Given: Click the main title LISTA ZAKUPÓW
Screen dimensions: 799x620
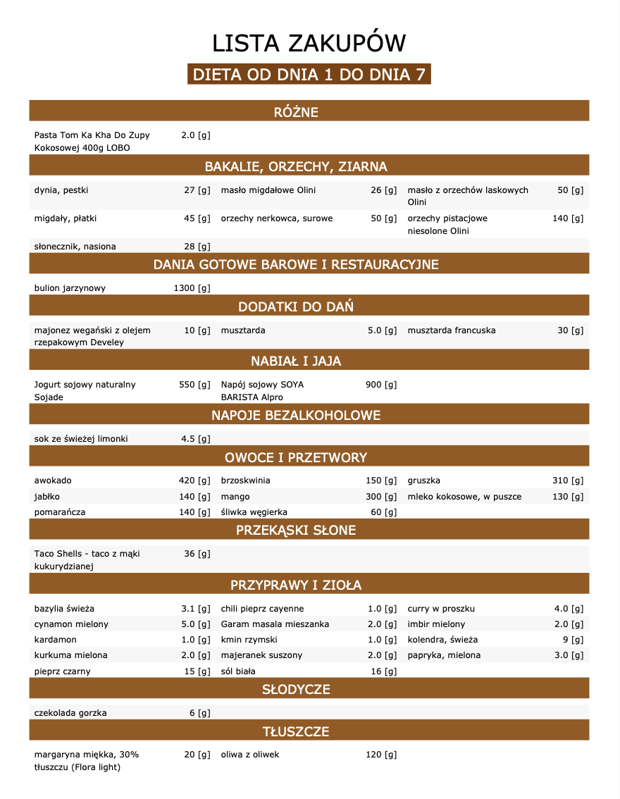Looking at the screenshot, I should pos(309,44).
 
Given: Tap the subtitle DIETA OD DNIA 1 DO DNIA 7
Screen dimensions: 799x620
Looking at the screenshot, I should pos(309,75).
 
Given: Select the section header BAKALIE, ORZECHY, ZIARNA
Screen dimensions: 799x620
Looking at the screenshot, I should pos(296,167).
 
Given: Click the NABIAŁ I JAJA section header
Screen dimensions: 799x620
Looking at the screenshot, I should pos(296,361).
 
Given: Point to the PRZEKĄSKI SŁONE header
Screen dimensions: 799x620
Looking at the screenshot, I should pos(296,530).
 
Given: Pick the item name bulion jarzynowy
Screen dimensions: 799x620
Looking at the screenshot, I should pos(70,288).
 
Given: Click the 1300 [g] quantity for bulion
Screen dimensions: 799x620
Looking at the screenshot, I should pos(192,288).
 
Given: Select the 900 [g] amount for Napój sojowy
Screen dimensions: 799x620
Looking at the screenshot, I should pos(381,385).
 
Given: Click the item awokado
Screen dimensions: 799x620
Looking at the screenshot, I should pos(53,481).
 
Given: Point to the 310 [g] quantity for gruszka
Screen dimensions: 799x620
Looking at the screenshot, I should pos(568,481).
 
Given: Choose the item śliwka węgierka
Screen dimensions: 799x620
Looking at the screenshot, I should pos(254,512).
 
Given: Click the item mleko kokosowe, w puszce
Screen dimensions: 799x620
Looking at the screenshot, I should pos(465,497).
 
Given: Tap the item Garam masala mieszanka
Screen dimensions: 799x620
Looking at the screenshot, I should pos(275,624).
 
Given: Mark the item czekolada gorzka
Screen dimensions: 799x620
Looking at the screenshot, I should pos(70,713).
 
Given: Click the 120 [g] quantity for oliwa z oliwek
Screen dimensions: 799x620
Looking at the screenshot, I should pos(381,755).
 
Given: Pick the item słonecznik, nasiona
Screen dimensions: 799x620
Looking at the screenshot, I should pos(75,247).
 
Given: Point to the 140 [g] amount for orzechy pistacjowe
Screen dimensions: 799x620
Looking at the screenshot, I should pos(568,218).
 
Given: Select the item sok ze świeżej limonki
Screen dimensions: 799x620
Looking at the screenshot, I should pos(82,439).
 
